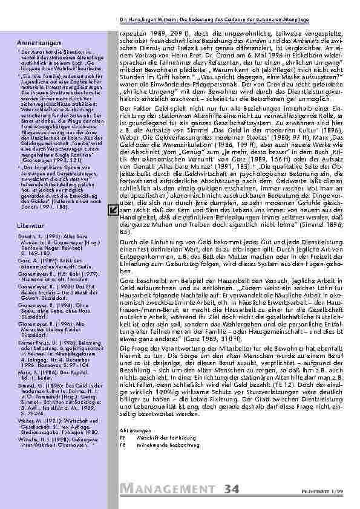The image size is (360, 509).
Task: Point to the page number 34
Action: coord(234,490)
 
